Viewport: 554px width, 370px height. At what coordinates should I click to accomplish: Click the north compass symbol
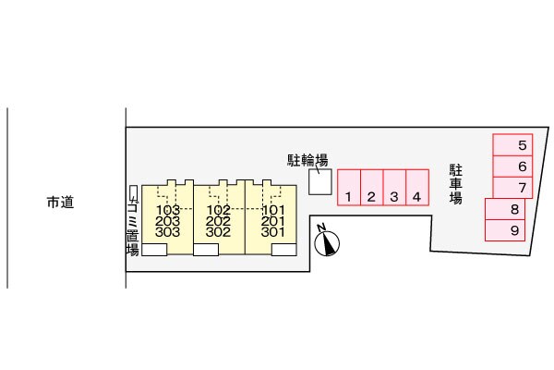(x=325, y=241)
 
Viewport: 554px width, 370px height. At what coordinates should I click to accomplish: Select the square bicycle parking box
(x=319, y=183)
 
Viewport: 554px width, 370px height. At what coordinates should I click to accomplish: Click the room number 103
(x=167, y=210)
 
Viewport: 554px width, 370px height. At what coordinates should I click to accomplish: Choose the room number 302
(x=218, y=232)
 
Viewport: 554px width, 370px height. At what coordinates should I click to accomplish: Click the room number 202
(x=218, y=221)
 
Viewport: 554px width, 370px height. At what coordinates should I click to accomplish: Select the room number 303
(x=167, y=232)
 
